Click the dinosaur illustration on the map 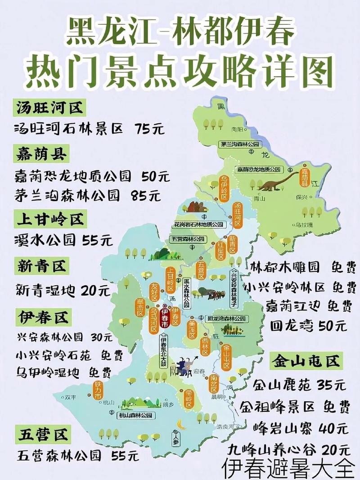click(x=276, y=180)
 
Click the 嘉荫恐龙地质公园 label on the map click(x=259, y=170)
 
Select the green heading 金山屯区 click(x=305, y=361)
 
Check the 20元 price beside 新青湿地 click(x=96, y=291)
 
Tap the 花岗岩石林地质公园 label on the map click(x=198, y=224)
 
